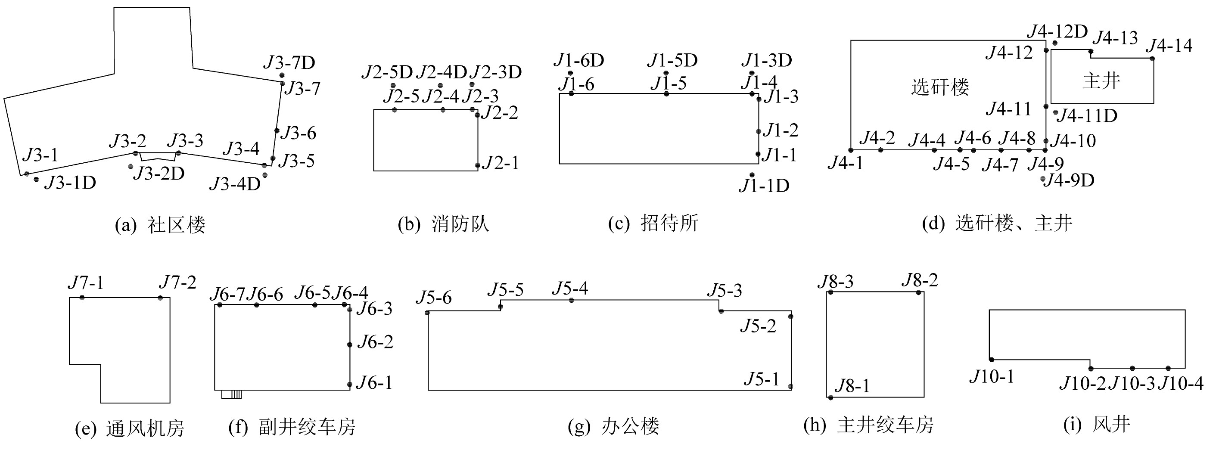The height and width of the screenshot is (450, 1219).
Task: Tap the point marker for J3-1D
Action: (x=37, y=179)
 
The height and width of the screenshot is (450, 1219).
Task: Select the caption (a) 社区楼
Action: (x=160, y=225)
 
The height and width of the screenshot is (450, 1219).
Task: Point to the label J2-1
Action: (x=501, y=163)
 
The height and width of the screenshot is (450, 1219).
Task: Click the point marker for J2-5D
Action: (x=393, y=85)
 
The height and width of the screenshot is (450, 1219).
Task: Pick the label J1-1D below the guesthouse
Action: (x=764, y=186)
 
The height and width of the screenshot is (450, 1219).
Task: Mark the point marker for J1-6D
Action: (x=571, y=73)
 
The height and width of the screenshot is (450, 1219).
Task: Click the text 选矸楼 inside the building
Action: (x=940, y=87)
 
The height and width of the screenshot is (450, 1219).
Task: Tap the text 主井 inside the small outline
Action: (x=1101, y=81)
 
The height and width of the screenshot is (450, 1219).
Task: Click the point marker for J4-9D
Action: (x=1043, y=179)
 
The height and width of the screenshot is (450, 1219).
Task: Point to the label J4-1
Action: (x=845, y=163)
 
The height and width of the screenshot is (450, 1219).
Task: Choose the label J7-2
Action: (x=177, y=282)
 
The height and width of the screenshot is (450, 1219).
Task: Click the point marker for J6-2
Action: (x=350, y=344)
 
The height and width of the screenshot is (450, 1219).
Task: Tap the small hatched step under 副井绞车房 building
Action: (x=231, y=394)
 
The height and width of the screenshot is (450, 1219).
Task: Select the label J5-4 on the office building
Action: (x=570, y=288)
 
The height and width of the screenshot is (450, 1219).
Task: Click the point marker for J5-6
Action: (x=427, y=313)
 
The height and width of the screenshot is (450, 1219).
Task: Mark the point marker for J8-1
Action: (x=830, y=397)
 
